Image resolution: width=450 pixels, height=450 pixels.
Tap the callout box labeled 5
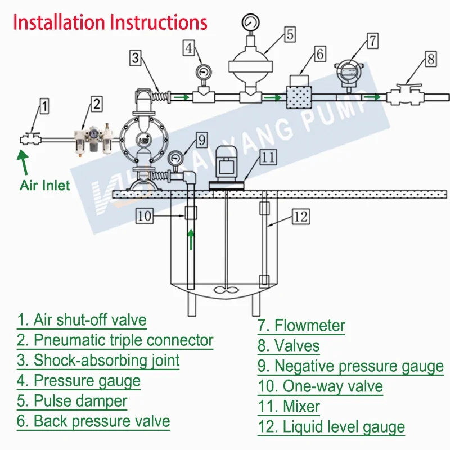pyautogui.click(x=289, y=34)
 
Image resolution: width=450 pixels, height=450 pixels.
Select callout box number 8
pyautogui.click(x=430, y=58)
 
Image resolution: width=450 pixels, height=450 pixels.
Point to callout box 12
pyautogui.click(x=301, y=216)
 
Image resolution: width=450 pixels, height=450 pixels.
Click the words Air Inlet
pyautogui.click(x=45, y=185)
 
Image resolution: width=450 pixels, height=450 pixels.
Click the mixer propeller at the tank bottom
pyautogui.click(x=226, y=291)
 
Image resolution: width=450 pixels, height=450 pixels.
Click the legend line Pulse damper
pyautogui.click(x=72, y=402)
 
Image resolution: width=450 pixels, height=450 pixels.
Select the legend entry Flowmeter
pyautogui.click(x=301, y=325)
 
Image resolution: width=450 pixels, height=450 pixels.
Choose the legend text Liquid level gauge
pyautogui.click(x=331, y=427)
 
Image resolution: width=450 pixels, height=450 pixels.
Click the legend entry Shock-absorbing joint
pyautogui.click(x=98, y=360)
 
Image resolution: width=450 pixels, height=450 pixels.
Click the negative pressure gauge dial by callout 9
pyautogui.click(x=176, y=159)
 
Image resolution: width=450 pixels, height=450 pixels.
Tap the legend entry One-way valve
pyautogui.click(x=321, y=386)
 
